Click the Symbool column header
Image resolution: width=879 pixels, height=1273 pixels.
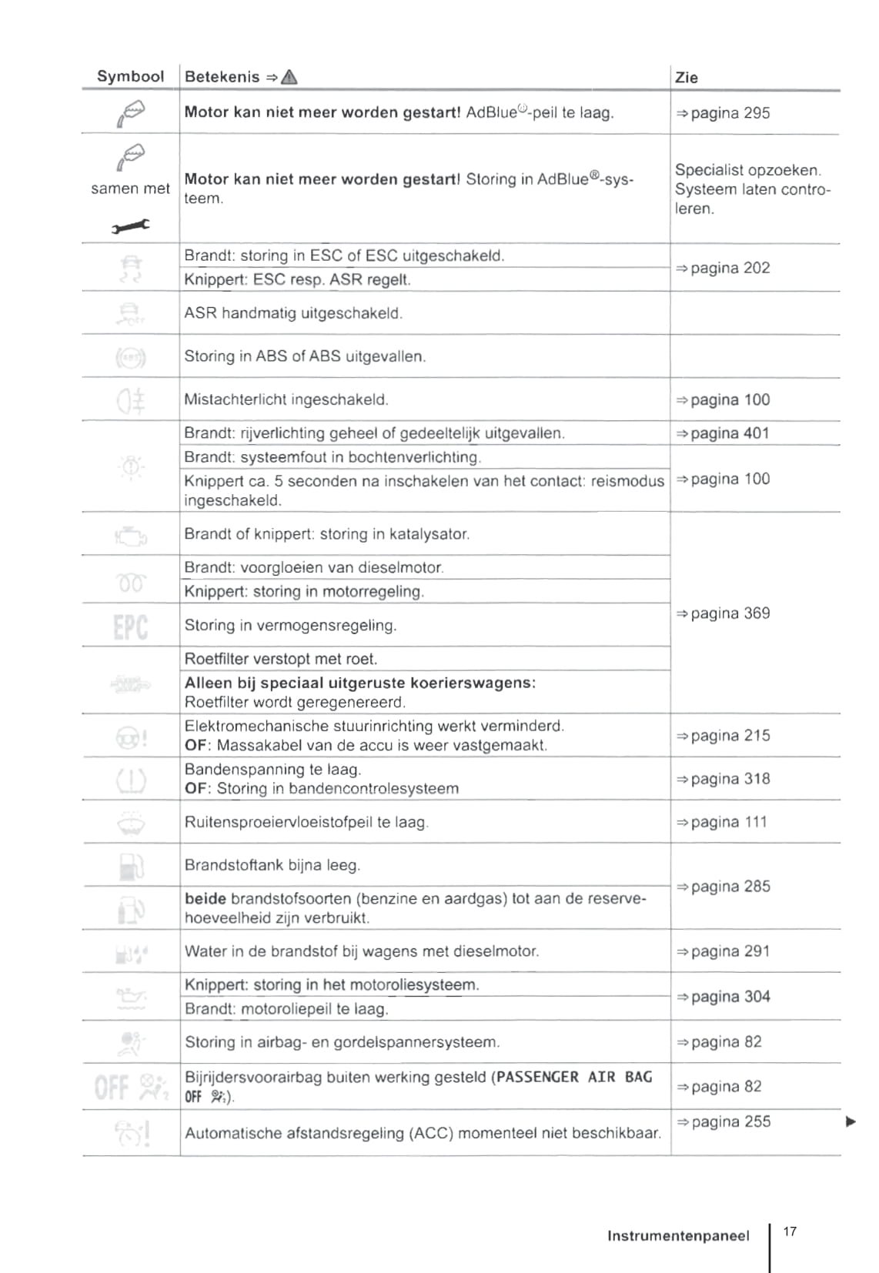[x=130, y=76]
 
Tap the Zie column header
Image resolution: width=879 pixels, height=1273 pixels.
[x=686, y=77]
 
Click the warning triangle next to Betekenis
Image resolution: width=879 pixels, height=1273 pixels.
[x=289, y=76]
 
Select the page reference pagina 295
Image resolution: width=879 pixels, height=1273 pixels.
[x=723, y=113]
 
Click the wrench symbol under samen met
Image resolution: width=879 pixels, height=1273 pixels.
[x=130, y=226]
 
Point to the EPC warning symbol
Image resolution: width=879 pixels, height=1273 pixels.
[x=130, y=626]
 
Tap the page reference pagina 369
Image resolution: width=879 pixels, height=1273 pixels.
[x=723, y=613]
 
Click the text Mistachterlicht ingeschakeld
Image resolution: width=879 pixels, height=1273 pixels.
[x=286, y=399]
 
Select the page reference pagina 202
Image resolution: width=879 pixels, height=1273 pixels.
[x=723, y=268]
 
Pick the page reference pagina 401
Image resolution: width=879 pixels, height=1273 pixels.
[x=723, y=433]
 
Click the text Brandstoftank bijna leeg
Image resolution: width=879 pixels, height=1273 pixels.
[x=272, y=865]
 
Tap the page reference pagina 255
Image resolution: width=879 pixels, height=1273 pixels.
[x=723, y=1121]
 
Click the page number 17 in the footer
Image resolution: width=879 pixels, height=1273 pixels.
[x=790, y=1231]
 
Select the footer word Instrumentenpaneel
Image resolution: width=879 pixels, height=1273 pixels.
[x=678, y=1236]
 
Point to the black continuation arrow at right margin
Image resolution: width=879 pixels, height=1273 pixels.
[x=851, y=1121]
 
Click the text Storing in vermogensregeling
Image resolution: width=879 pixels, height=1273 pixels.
[x=290, y=626]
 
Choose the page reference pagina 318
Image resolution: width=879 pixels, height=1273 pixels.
[x=723, y=779]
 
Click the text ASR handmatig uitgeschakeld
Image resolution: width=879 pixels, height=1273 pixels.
[x=293, y=313]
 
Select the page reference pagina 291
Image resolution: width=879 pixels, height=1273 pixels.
[x=723, y=951]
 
